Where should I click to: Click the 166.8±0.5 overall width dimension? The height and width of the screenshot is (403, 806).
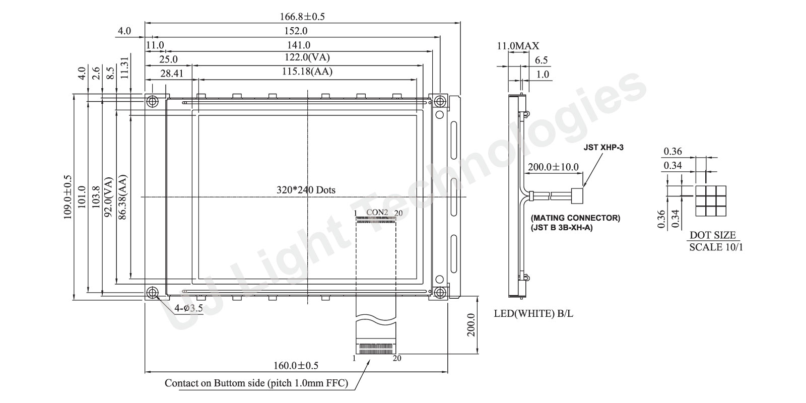pyautogui.click(x=302, y=17)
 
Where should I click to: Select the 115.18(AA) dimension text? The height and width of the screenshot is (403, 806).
pyautogui.click(x=307, y=71)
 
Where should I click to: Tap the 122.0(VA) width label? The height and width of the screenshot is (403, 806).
pyautogui.click(x=307, y=57)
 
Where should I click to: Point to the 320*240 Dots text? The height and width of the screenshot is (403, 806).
pyautogui.click(x=306, y=190)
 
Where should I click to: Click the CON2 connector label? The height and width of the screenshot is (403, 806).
pyautogui.click(x=377, y=212)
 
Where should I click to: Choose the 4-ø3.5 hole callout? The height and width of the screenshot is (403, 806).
pyautogui.click(x=188, y=308)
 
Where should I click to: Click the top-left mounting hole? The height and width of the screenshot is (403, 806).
pyautogui.click(x=153, y=101)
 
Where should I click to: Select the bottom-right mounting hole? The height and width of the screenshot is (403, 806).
pyautogui.click(x=440, y=293)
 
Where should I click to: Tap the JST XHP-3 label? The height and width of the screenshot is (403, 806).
pyautogui.click(x=603, y=148)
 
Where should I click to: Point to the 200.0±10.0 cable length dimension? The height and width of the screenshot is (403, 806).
pyautogui.click(x=554, y=167)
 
